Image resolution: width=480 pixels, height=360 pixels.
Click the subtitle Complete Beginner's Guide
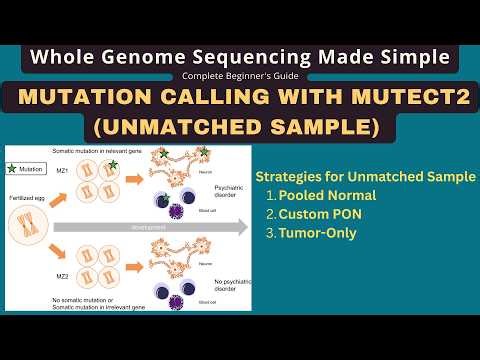point(239,76)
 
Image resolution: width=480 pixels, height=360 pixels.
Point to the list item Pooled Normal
point(329,196)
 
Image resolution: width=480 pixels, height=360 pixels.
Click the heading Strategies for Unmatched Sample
point(365,176)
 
